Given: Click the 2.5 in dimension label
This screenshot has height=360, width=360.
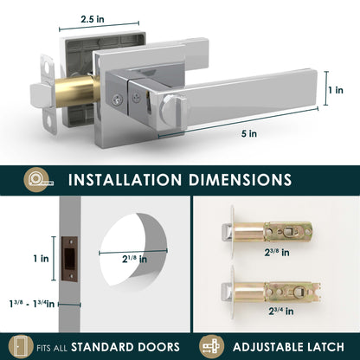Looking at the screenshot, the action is (93, 19).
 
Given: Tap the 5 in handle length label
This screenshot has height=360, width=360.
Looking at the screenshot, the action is (249, 134).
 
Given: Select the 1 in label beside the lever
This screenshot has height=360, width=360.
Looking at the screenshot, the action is (336, 90).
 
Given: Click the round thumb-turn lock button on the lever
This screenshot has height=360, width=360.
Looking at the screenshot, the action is (170, 110).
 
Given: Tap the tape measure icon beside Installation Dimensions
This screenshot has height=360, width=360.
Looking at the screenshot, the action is (39, 180).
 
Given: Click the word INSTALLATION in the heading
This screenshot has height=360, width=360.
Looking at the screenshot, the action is (125, 180).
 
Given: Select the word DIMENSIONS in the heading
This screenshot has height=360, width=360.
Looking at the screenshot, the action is (240, 180).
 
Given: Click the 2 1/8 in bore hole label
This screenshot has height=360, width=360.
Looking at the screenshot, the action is (134, 259).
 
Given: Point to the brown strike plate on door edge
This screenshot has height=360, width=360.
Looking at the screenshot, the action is (69, 259).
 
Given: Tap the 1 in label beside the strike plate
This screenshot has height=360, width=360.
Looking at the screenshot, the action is (41, 259).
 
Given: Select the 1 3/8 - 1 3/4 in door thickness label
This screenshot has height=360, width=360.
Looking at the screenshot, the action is (31, 304).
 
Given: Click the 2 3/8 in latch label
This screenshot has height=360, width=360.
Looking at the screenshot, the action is (277, 253).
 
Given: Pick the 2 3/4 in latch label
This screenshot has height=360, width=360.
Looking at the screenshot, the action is (281, 312).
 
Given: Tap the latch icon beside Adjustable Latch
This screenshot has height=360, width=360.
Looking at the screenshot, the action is (211, 346).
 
